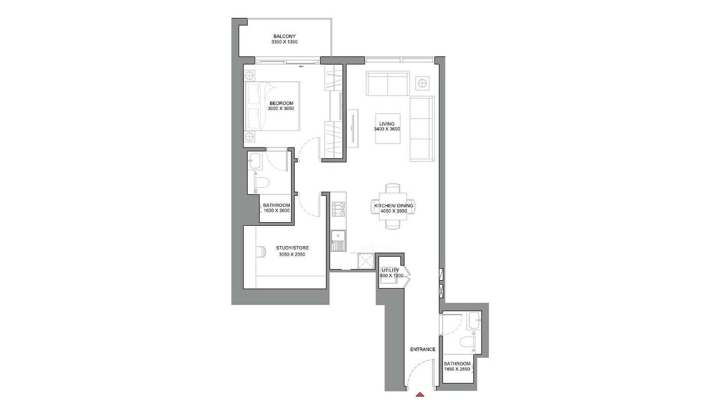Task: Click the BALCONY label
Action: click(x=284, y=36)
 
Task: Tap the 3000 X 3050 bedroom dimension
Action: click(x=281, y=109)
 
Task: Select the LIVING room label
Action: click(x=387, y=124)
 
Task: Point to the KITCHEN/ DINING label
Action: click(x=394, y=206)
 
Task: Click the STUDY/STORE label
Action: click(x=292, y=248)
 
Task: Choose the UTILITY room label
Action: click(x=390, y=270)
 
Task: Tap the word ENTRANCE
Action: click(x=423, y=349)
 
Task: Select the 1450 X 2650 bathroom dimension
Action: click(x=457, y=369)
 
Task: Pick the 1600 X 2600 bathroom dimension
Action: click(x=276, y=211)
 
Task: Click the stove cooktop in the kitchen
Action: click(x=338, y=209)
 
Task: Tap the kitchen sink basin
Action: click(x=338, y=236)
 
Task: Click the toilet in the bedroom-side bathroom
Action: click(x=262, y=182)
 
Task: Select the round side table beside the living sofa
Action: click(x=422, y=83)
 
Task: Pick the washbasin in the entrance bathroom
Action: click(x=474, y=320)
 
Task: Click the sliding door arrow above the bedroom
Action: click(x=301, y=67)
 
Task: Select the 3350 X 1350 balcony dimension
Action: click(x=284, y=42)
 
